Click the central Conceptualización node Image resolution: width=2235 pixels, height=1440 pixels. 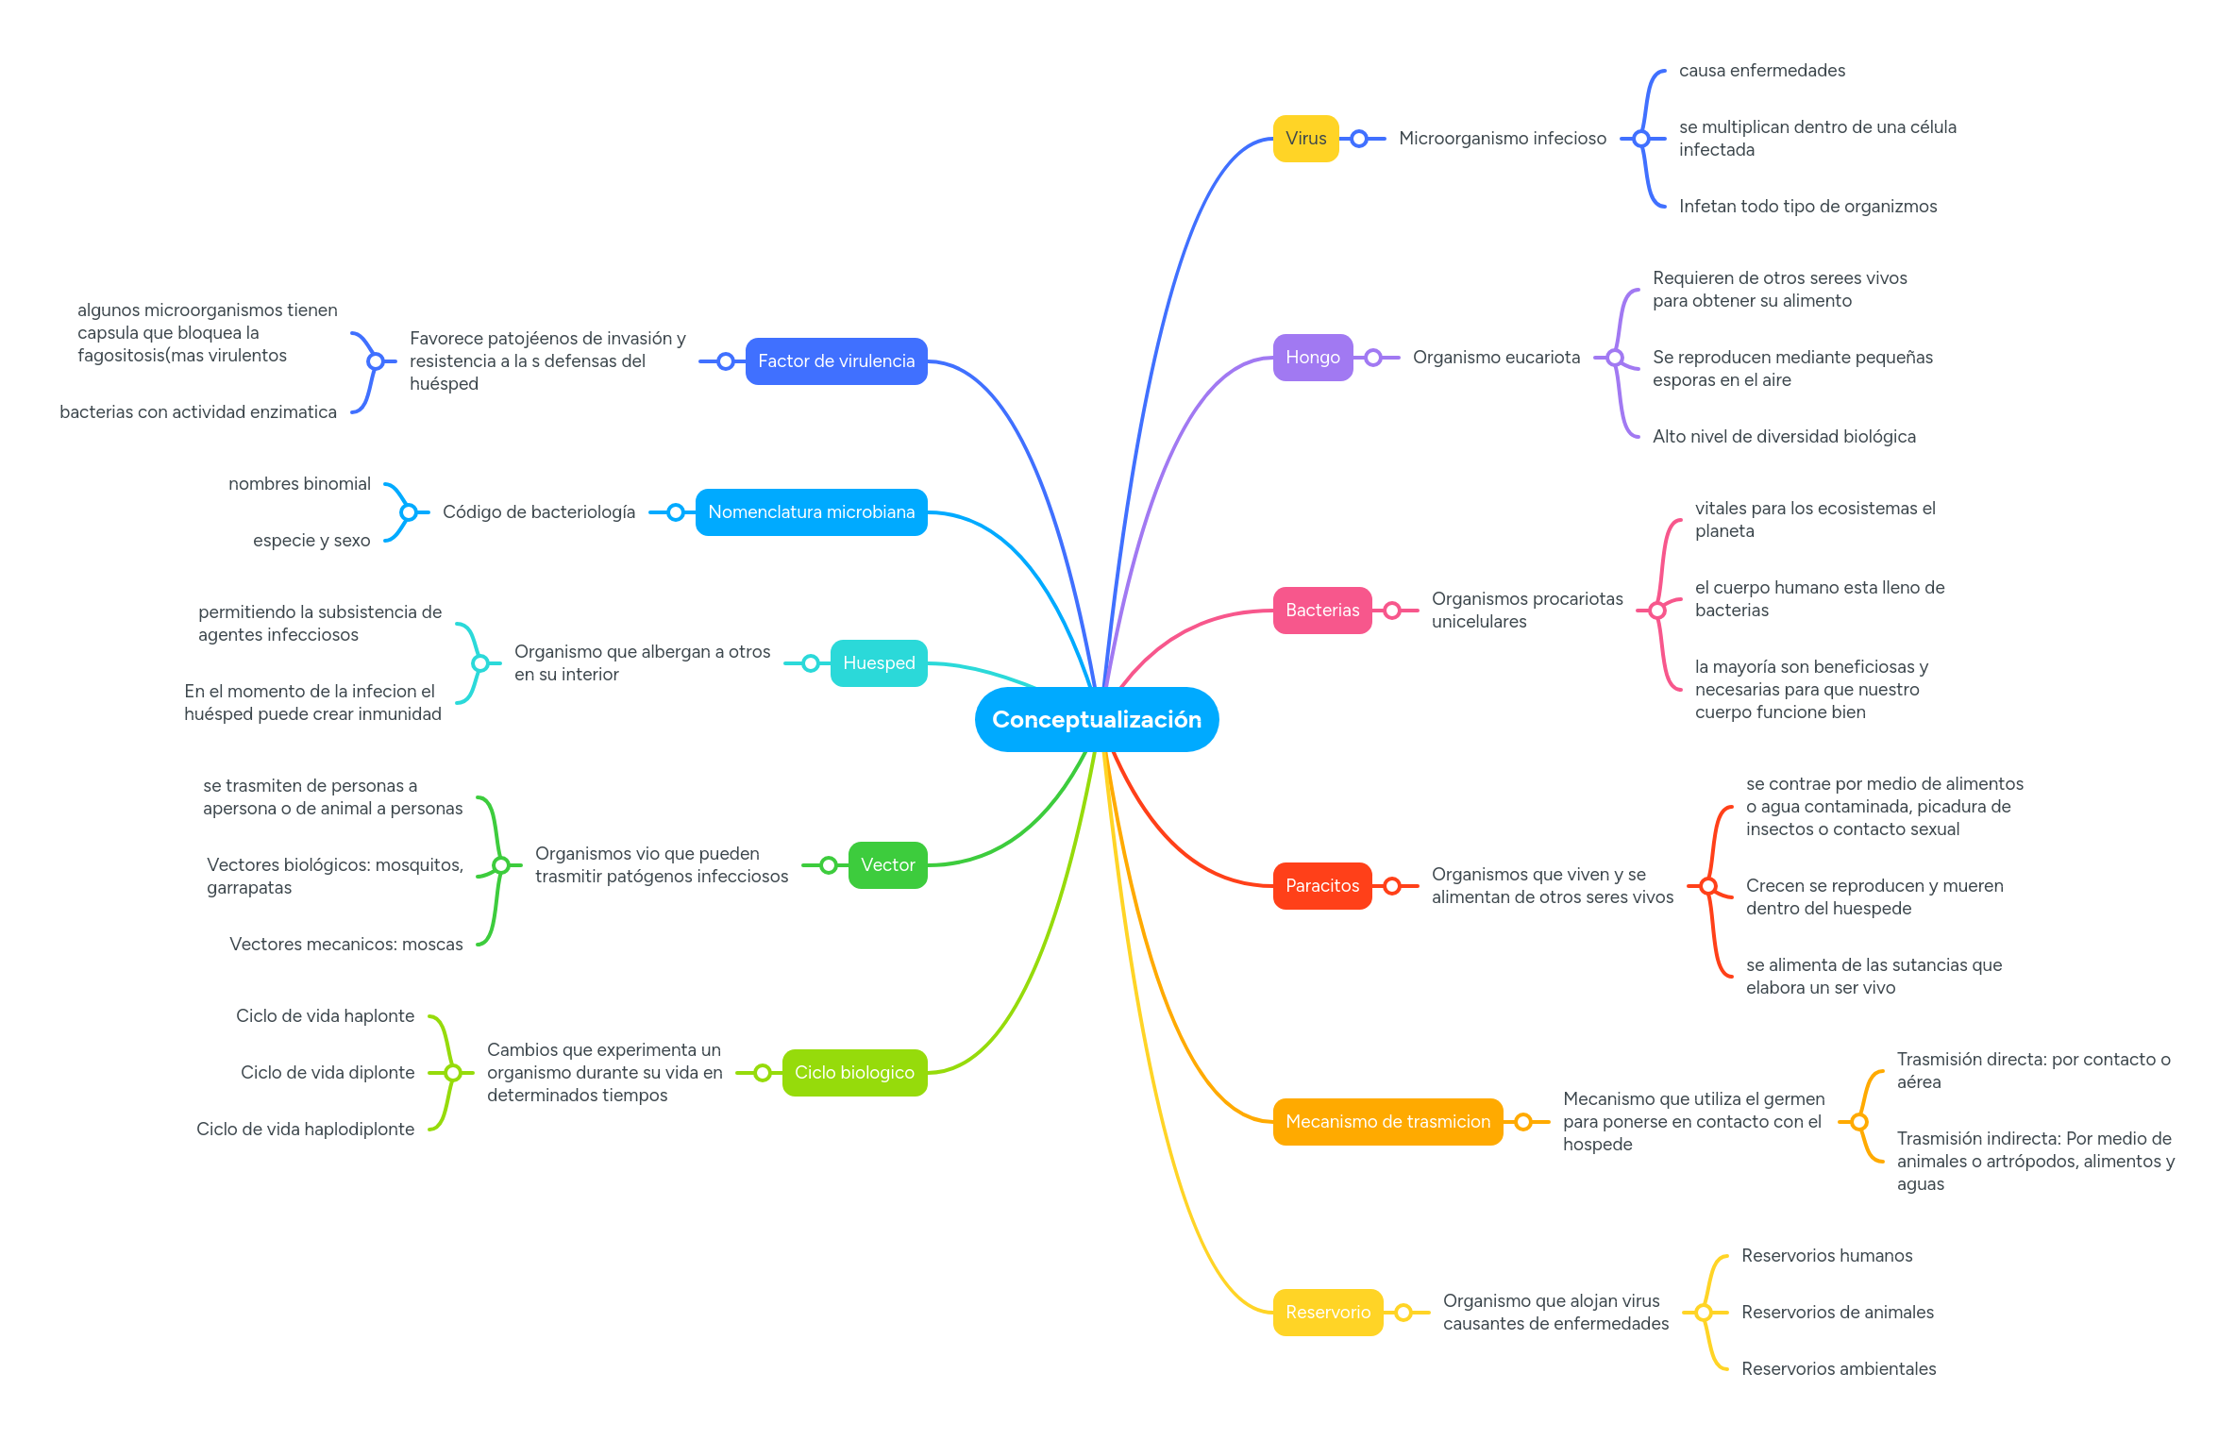1096,719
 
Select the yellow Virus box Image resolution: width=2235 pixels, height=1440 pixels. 1305,139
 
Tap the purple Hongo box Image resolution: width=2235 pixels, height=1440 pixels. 1312,358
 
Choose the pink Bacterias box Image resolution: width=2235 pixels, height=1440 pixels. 1321,611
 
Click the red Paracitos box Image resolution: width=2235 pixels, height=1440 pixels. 1321,886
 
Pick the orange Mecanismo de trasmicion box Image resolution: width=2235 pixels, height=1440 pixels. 1386,1122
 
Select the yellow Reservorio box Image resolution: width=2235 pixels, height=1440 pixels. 1327,1313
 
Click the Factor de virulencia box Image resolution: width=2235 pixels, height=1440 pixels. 835,361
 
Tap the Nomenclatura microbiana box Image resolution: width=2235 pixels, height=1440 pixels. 811,512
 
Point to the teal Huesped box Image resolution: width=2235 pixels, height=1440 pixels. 878,663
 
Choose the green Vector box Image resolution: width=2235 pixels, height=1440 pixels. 887,865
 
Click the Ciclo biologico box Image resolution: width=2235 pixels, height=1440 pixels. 854,1073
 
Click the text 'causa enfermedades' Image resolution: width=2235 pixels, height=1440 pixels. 1761,71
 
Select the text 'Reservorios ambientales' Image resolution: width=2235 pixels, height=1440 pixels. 1838,1369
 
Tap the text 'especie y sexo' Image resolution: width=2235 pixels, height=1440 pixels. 311,541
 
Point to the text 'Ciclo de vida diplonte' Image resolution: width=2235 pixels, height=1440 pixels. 327,1073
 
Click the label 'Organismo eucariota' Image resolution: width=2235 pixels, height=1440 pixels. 1495,358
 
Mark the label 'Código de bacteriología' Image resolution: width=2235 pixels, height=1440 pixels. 538,512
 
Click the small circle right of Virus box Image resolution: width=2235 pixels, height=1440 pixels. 1358,139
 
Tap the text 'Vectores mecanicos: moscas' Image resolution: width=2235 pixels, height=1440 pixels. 345,945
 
